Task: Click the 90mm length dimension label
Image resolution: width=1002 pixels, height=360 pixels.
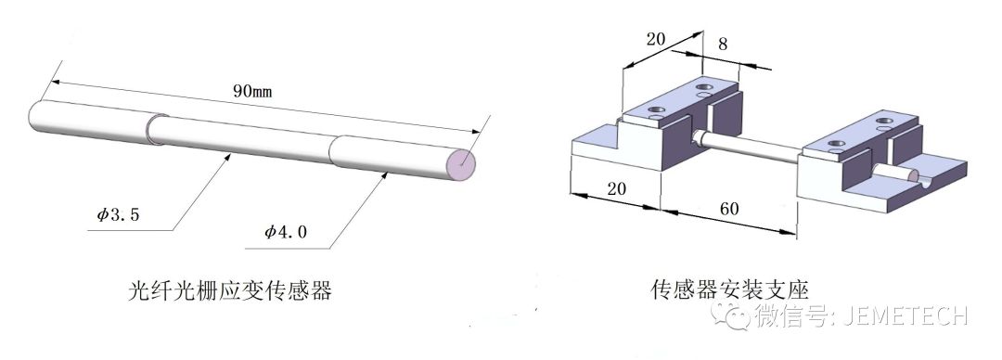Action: click(252, 91)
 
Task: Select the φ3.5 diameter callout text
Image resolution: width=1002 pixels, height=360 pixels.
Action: click(118, 214)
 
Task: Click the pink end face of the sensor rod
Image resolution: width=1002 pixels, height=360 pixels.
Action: click(462, 164)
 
